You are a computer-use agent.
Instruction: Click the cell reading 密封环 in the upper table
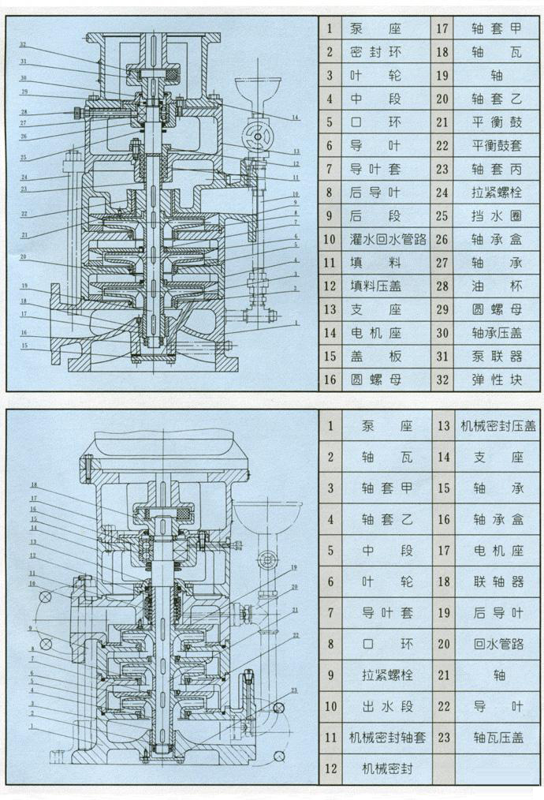375,53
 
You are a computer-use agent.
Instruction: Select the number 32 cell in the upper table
442,379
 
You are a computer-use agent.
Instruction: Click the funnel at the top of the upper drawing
255,87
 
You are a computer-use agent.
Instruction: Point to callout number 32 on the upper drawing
24,44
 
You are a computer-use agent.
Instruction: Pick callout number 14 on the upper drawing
293,118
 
